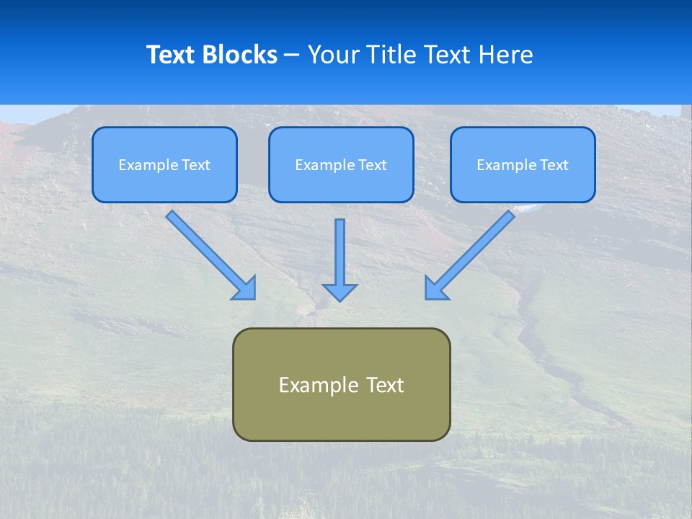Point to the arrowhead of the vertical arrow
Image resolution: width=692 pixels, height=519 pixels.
pyautogui.click(x=340, y=292)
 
